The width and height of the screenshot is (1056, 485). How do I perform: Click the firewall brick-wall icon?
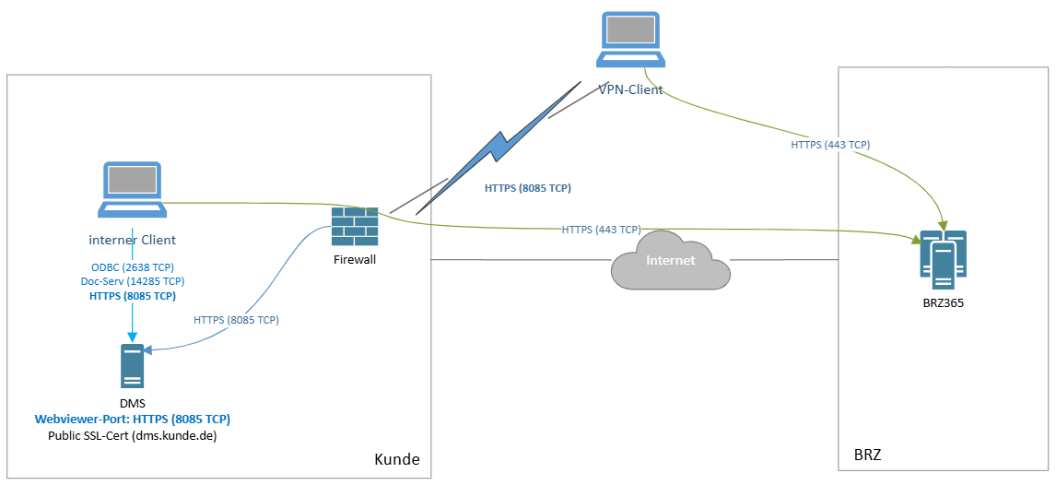click(355, 227)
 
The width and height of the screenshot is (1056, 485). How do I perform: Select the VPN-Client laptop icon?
click(629, 41)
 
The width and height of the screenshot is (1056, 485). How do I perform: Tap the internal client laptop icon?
click(131, 191)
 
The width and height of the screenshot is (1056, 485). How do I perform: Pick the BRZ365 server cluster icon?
click(943, 254)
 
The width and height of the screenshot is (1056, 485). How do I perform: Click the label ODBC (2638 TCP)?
click(132, 266)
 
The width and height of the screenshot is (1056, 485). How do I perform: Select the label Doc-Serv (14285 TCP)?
click(132, 281)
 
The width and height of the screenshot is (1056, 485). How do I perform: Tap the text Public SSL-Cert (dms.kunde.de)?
click(132, 435)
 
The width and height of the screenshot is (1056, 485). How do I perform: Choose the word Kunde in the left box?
click(397, 459)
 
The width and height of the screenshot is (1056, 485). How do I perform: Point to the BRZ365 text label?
click(943, 302)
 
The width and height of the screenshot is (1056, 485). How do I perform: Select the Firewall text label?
click(355, 259)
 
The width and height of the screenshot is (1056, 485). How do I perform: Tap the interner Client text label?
click(132, 240)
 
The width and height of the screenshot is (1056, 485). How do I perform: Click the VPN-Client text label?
click(630, 89)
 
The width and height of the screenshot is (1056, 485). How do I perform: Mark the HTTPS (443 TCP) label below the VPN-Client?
click(830, 145)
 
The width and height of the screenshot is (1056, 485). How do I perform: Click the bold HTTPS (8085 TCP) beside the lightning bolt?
click(527, 188)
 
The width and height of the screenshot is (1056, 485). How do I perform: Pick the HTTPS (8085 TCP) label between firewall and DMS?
click(236, 320)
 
